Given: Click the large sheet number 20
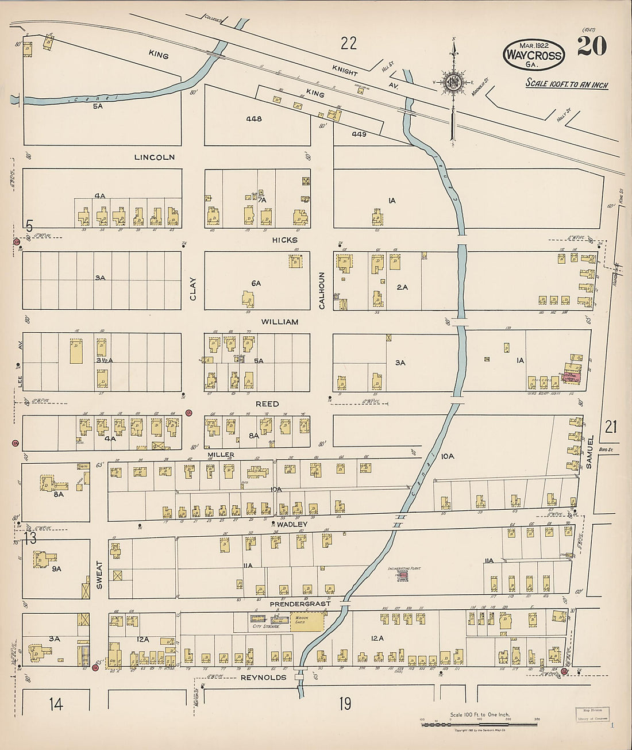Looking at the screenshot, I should [x=591, y=47].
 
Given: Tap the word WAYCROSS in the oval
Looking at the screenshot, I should [x=533, y=56].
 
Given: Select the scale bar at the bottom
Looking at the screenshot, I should [x=479, y=724].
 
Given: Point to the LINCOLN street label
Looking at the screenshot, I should [x=154, y=157].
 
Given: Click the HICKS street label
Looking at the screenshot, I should [x=285, y=240].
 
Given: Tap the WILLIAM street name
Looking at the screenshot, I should [x=280, y=322].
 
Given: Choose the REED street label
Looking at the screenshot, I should [x=267, y=404].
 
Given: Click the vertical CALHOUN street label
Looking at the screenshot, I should [x=322, y=291].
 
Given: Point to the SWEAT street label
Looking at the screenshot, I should [x=99, y=575].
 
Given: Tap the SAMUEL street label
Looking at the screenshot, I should [x=589, y=452].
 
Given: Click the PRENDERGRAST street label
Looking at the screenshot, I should [x=300, y=604].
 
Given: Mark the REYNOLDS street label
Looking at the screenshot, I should [x=263, y=678].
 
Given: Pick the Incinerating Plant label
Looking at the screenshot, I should [x=404, y=568].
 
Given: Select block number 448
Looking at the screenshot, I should [x=253, y=119].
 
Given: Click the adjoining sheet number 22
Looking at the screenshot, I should [x=348, y=43].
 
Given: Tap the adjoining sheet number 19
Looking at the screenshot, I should [x=345, y=703].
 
